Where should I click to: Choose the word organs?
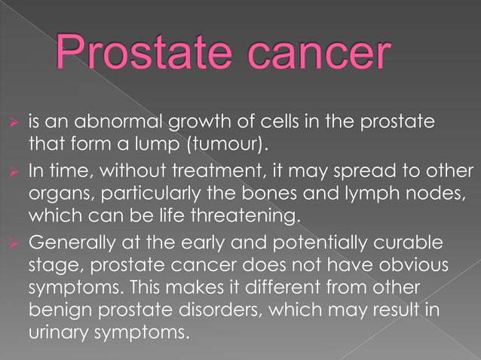click(54, 194)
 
